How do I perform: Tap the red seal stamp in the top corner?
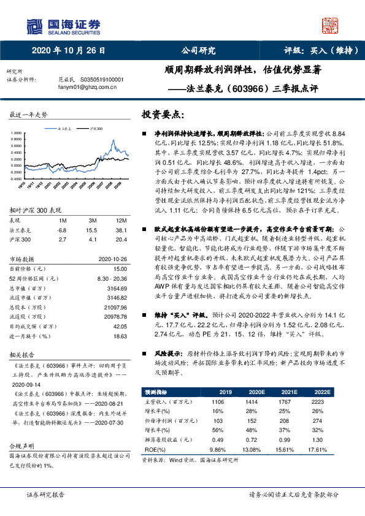pos(331,25)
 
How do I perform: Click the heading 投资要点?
pos(162,115)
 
